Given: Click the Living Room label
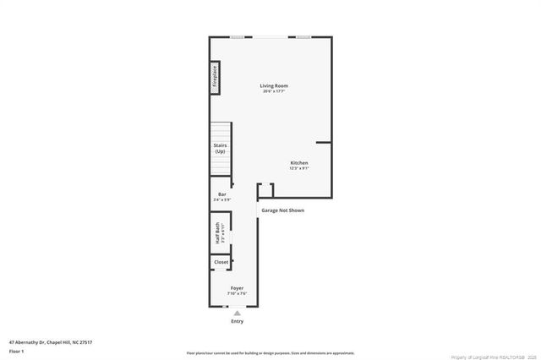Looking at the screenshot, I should pyautogui.click(x=274, y=85).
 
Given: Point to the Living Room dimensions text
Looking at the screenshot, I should pyautogui.click(x=274, y=91).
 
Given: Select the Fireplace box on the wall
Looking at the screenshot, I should pyautogui.click(x=215, y=77).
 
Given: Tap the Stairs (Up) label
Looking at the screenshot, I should pyautogui.click(x=220, y=148).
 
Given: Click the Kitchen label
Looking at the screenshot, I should pyautogui.click(x=299, y=162).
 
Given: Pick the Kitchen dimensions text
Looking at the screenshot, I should pyautogui.click(x=299, y=168).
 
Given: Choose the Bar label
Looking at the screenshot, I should pyautogui.click(x=222, y=194).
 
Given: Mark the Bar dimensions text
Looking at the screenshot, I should pyautogui.click(x=222, y=199).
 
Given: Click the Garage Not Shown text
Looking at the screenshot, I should pyautogui.click(x=282, y=210).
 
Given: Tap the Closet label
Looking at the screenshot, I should pyautogui.click(x=221, y=262).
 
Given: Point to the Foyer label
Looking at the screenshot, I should pyautogui.click(x=238, y=288).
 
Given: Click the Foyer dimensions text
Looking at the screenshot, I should pyautogui.click(x=238, y=294).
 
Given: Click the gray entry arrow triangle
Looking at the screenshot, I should pyautogui.click(x=238, y=313).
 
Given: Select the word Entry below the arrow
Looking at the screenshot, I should pyautogui.click(x=238, y=321).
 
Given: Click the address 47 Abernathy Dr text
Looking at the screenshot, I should pyautogui.click(x=51, y=341).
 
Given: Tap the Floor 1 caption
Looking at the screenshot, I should pyautogui.click(x=17, y=351).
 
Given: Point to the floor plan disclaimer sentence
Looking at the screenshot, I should pyautogui.click(x=270, y=353).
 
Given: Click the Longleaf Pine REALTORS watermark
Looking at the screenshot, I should pyautogui.click(x=494, y=356).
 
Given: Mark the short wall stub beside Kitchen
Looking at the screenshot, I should pyautogui.click(x=323, y=143).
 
